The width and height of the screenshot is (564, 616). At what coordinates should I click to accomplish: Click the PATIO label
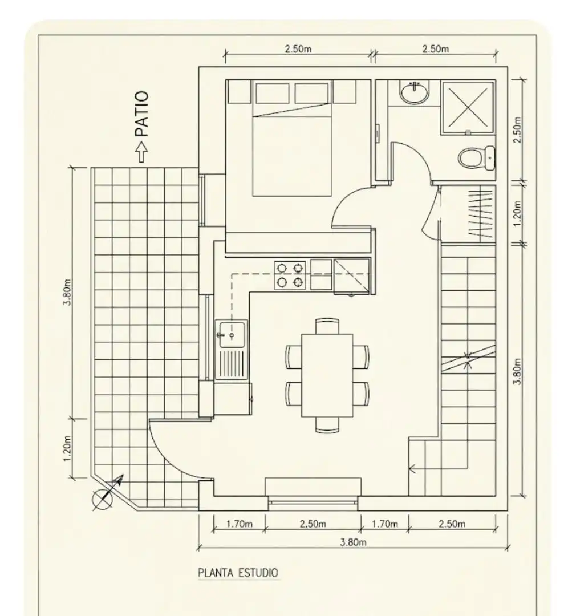(142, 114)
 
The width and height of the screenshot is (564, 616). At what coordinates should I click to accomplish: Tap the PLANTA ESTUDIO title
(238, 573)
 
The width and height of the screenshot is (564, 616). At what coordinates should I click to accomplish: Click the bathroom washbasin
(415, 93)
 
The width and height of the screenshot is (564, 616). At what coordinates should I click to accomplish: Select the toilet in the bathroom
(476, 158)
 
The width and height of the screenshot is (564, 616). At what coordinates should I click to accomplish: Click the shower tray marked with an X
(468, 107)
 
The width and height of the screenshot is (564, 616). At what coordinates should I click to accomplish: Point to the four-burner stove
(290, 275)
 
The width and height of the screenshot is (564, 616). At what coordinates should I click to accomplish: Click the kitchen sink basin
(232, 334)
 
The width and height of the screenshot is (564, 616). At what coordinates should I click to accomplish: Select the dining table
(327, 375)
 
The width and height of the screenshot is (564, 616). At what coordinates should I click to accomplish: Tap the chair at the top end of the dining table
(327, 326)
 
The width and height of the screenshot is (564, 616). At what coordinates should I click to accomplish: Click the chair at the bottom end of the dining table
(327, 425)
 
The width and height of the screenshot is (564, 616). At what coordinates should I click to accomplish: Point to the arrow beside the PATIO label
(142, 152)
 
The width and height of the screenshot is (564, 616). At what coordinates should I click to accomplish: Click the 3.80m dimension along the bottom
(353, 542)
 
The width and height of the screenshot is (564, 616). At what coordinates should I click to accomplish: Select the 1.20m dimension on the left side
(67, 449)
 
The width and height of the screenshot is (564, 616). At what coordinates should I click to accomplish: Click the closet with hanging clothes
(468, 213)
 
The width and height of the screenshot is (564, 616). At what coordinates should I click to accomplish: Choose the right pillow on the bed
(311, 93)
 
